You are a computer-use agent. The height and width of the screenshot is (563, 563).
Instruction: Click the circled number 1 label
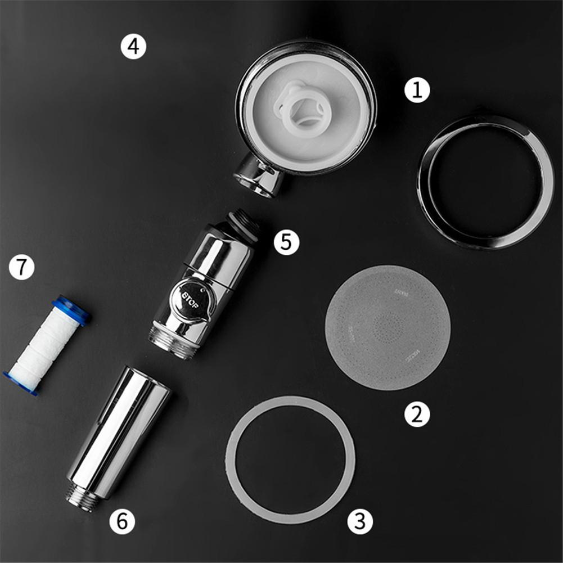point(417,90)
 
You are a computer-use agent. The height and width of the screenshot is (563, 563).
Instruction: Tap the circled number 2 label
point(417,415)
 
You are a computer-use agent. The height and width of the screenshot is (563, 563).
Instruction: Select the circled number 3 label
point(360,522)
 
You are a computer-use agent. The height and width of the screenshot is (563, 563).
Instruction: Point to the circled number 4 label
point(133,47)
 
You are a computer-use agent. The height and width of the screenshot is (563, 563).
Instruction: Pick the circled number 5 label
point(286,242)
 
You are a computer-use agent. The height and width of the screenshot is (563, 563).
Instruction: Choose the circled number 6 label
point(122,522)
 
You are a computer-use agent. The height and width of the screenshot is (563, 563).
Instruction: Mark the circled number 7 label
point(21,268)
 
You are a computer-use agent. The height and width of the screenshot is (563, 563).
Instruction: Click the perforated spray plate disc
point(388,327)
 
